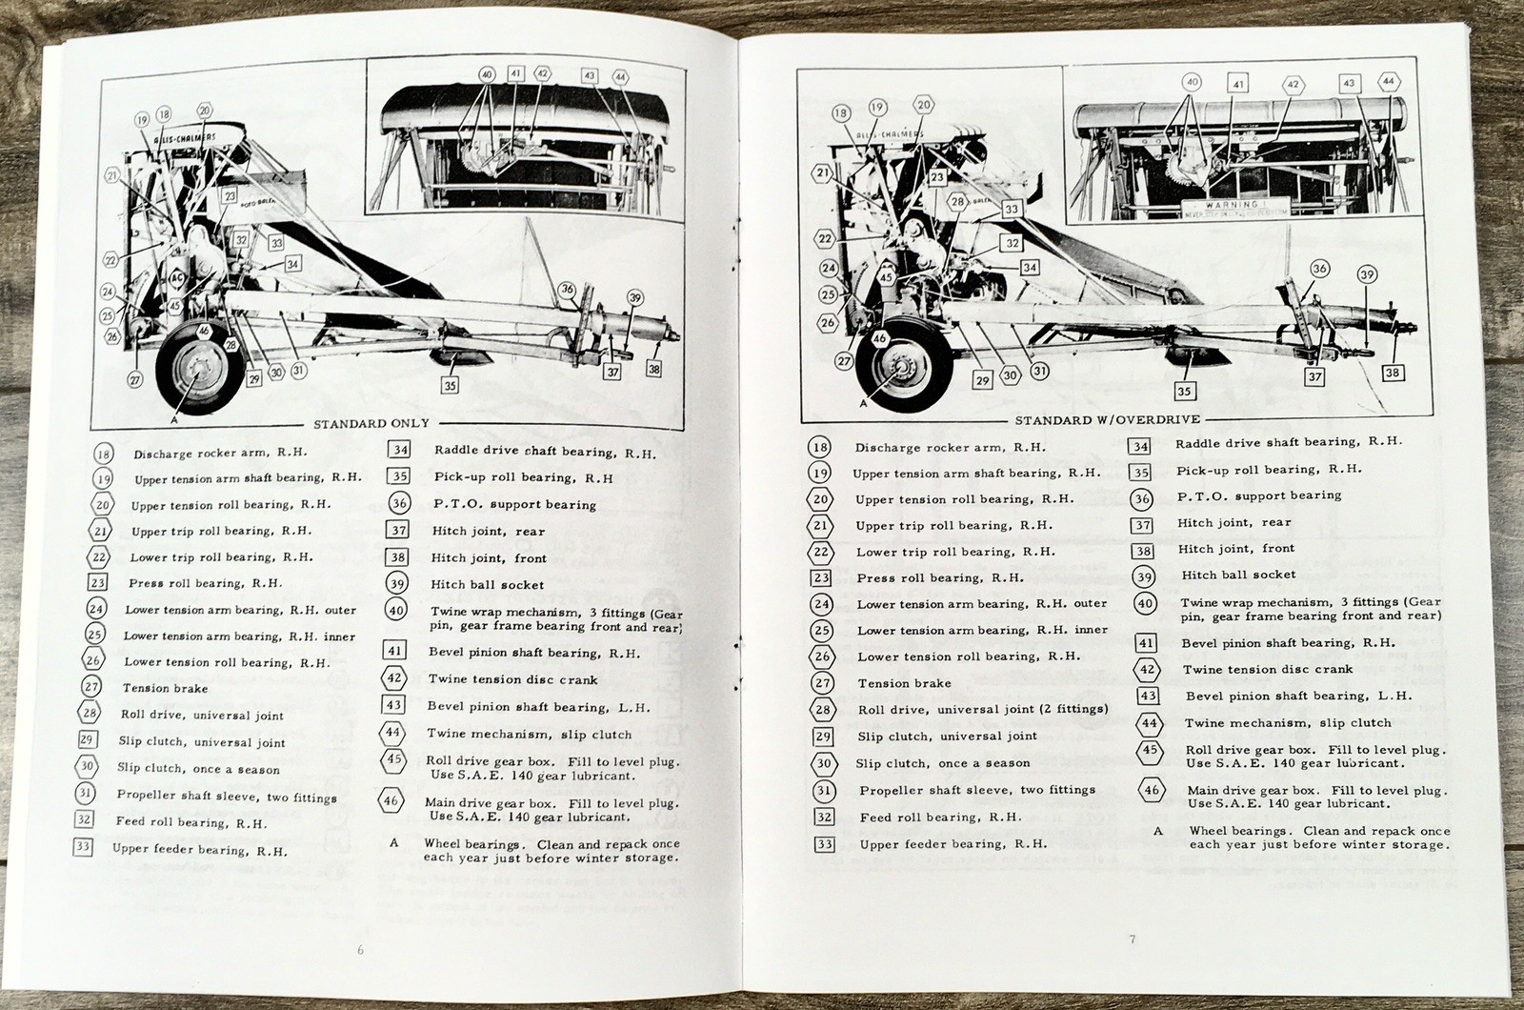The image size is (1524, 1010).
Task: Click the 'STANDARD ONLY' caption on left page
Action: (371, 423)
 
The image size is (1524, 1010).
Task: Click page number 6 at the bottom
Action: (359, 949)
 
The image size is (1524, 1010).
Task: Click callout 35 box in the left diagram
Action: (449, 385)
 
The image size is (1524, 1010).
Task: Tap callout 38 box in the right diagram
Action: (1393, 373)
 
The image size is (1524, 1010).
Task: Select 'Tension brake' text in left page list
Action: (165, 688)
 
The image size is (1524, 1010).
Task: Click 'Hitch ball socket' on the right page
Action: (1238, 575)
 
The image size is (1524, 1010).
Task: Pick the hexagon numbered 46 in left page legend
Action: (391, 801)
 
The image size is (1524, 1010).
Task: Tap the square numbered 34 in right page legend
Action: (1140, 445)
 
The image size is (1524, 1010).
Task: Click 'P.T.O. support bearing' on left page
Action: (513, 504)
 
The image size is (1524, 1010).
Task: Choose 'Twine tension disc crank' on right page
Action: (1267, 669)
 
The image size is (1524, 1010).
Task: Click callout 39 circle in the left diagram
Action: (635, 298)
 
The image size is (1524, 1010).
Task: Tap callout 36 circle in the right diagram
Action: (1318, 269)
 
